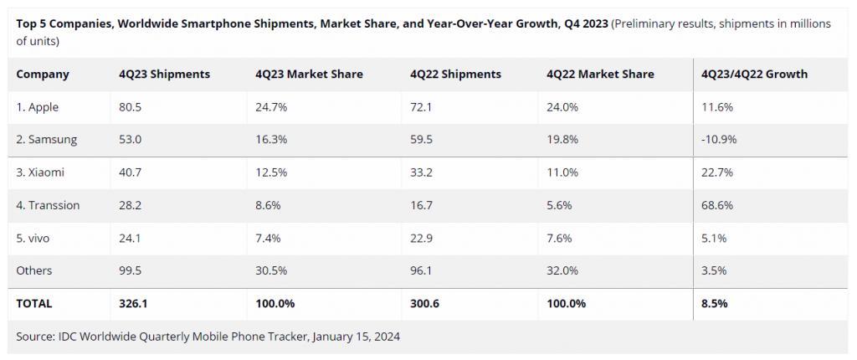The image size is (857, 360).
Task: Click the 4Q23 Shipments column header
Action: pyautogui.click(x=165, y=75)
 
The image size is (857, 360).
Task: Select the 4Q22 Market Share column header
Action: pyautogui.click(x=600, y=75)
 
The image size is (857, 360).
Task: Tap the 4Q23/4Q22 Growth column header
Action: pyautogui.click(x=754, y=75)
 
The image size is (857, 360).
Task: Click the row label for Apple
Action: pyautogui.click(x=37, y=107)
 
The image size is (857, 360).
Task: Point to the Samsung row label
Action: pyautogui.click(x=47, y=140)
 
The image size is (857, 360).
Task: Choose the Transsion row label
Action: pyautogui.click(x=48, y=205)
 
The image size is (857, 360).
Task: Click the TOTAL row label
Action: pyautogui.click(x=33, y=304)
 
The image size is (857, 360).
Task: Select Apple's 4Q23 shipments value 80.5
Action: pyautogui.click(x=130, y=107)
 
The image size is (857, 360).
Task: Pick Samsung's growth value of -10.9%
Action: pyautogui.click(x=719, y=140)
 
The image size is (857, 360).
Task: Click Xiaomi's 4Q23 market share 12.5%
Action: pyautogui.click(x=271, y=172)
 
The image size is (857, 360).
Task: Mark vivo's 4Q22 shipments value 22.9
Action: pyautogui.click(x=422, y=238)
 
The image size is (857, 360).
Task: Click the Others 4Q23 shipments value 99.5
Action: pyautogui.click(x=130, y=270)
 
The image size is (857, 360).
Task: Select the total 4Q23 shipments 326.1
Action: pyautogui.click(x=133, y=304)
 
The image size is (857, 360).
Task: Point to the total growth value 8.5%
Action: pyautogui.click(x=715, y=304)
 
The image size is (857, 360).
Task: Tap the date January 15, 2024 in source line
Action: pyautogui.click(x=357, y=337)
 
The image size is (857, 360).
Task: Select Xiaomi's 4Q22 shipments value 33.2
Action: pyautogui.click(x=422, y=172)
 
